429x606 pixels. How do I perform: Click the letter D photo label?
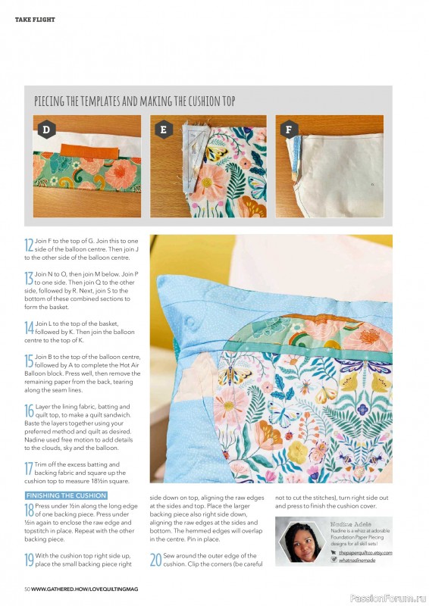[45, 130]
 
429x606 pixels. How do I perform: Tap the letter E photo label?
[163, 130]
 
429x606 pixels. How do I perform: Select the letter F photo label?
[287, 130]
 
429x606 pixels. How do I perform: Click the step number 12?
[29, 244]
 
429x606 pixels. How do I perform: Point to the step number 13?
[29, 278]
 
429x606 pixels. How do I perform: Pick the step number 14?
[29, 327]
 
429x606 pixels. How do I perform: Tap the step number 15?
[29, 360]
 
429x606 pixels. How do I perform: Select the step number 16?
[29, 410]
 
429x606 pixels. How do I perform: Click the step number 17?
[29, 467]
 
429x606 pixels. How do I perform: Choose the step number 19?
[29, 559]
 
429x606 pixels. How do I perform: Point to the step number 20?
[155, 559]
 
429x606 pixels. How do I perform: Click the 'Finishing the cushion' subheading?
[66, 495]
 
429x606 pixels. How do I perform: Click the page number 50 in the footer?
[27, 589]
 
